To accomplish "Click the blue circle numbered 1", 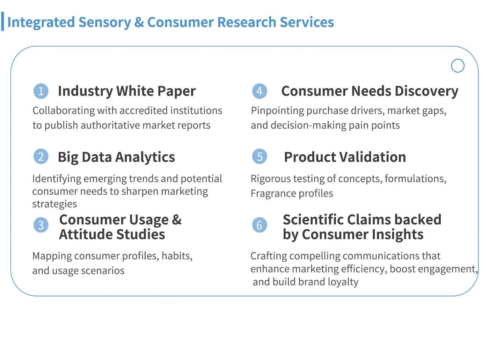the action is point(41,91).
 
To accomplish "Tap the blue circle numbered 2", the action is point(41,157).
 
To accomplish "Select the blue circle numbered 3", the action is point(41,225).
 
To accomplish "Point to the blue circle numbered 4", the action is point(259,91).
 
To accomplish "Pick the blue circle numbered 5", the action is point(259,157).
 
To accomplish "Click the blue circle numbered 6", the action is point(259,225).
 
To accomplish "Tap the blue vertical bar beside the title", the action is point(2,21).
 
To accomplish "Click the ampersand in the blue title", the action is point(139,22).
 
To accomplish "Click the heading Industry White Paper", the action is point(126,91).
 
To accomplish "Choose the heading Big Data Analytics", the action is point(116,157).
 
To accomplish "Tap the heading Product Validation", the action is point(345,157).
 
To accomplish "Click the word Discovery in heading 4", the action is point(426,91).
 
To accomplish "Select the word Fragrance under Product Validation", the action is point(273,194).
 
